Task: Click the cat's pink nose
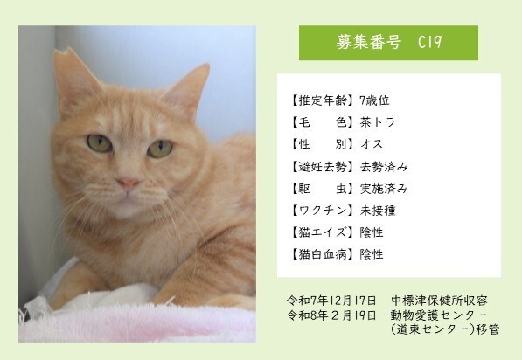129,184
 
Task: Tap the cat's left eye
160,148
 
